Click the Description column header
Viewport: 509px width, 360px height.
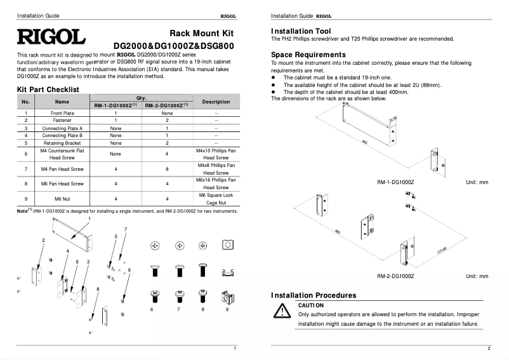[216, 102]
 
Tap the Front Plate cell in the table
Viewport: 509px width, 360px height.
[62, 112]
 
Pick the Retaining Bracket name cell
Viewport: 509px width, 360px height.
[62, 143]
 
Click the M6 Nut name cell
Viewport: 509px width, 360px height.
[62, 199]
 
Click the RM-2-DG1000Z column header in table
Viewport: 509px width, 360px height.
[166, 105]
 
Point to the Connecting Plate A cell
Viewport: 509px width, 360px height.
[62, 128]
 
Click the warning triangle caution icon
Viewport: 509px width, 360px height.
[281, 310]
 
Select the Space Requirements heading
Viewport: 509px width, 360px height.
[308, 55]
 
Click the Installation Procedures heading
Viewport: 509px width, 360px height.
[314, 295]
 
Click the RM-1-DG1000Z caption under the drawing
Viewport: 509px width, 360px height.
[395, 182]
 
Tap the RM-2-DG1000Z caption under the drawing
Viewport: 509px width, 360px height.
[395, 276]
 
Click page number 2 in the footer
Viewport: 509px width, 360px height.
[489, 348]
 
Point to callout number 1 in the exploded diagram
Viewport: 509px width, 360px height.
[89, 218]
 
